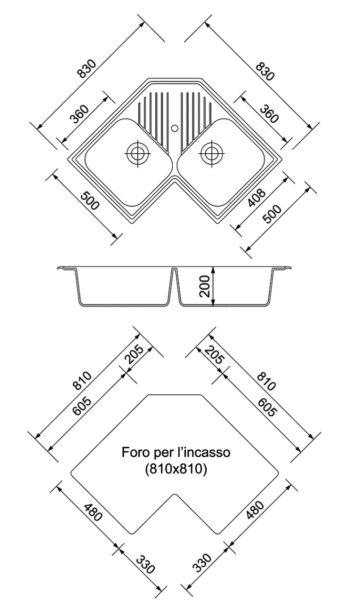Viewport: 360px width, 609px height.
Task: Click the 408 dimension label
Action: tap(259, 198)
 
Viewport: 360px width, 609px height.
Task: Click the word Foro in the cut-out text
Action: tap(134, 453)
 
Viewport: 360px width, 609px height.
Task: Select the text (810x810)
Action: tap(174, 469)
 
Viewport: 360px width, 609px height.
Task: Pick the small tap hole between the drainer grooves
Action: tap(174, 128)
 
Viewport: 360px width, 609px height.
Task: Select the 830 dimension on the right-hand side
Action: tap(264, 71)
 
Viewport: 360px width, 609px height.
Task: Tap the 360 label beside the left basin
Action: tap(79, 115)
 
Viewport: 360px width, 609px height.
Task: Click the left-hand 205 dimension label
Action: tap(134, 356)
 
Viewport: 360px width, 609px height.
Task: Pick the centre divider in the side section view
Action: tap(174, 287)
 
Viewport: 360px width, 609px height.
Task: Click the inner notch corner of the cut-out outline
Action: tap(174, 495)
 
